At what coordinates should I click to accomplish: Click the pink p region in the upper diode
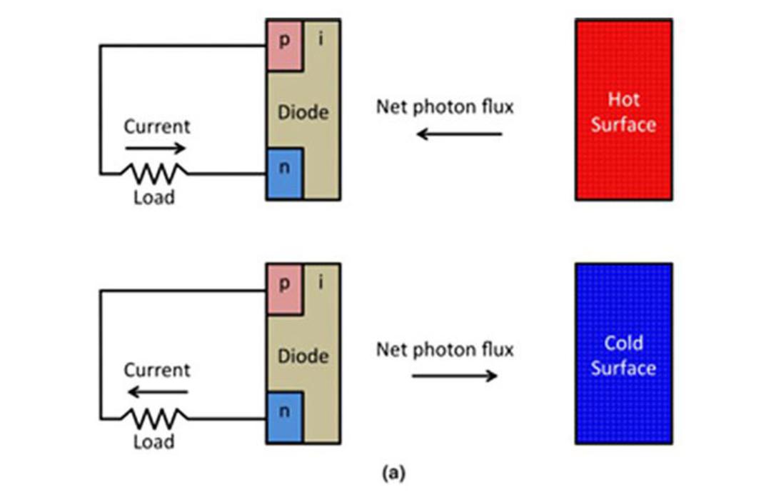click(284, 45)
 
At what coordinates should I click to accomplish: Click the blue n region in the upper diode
click(284, 174)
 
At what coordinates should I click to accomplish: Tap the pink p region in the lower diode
click(284, 289)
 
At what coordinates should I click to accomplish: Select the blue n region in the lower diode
click(284, 418)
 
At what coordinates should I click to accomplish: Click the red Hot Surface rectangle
click(623, 110)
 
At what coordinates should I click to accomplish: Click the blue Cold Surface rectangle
click(623, 354)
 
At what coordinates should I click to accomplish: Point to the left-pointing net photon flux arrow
click(459, 134)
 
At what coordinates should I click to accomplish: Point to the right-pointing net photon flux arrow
click(455, 376)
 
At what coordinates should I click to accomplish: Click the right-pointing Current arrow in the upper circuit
click(156, 148)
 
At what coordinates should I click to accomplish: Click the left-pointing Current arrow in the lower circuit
click(157, 391)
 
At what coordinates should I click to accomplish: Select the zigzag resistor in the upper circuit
click(154, 174)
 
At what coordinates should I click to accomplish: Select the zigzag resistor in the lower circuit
click(154, 419)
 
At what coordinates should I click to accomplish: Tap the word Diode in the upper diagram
click(303, 112)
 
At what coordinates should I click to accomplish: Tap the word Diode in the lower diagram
click(303, 356)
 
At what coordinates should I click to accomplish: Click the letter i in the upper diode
click(321, 39)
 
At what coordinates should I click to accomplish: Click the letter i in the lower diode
click(321, 282)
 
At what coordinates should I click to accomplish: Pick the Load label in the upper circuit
click(154, 197)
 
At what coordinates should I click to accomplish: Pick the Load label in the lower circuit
click(154, 441)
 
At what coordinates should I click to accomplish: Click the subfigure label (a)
click(394, 473)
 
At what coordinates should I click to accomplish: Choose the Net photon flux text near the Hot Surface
click(445, 107)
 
